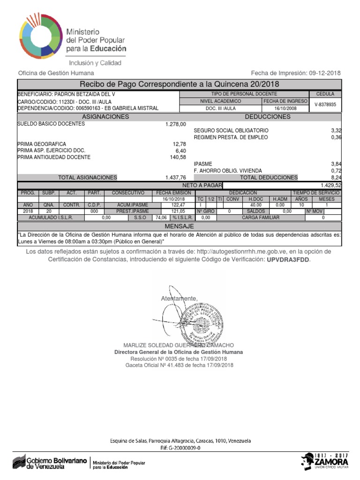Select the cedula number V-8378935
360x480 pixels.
325,105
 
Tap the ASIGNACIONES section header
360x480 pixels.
105,117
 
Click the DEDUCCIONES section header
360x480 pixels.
267,117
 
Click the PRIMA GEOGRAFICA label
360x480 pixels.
42,144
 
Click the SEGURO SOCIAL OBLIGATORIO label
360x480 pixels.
231,130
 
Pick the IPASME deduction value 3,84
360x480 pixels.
336,164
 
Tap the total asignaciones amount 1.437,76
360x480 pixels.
176,178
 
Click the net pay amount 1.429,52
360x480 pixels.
331,185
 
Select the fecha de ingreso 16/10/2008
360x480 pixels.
285,108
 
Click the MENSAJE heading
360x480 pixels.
180,226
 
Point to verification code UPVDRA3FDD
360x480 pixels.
288,260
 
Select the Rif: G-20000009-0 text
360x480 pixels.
180,448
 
